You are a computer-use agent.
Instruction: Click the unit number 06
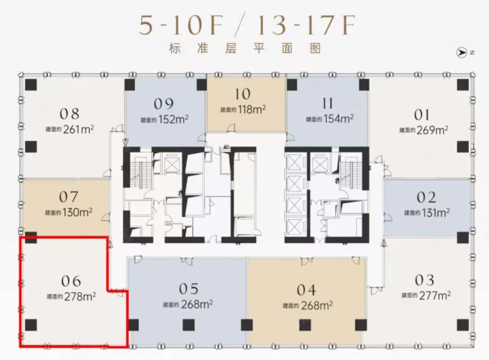pyautogui.click(x=71, y=281)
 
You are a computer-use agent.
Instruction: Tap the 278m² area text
pyautogui.click(x=80, y=297)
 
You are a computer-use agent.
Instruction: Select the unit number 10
pyautogui.click(x=243, y=94)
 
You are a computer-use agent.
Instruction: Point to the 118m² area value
pyautogui.click(x=252, y=109)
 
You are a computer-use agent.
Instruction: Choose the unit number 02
pyautogui.click(x=426, y=198)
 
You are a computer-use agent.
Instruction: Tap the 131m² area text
pyautogui.click(x=436, y=213)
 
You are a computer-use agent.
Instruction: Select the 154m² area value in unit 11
pyautogui.click(x=338, y=119)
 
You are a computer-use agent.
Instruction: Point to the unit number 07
pyautogui.click(x=68, y=197)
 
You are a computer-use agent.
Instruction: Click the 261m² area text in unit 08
pyautogui.click(x=78, y=129)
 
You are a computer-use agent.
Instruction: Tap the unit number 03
pyautogui.click(x=424, y=281)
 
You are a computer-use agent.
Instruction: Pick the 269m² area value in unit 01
pyautogui.click(x=432, y=130)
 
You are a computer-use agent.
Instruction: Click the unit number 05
pyautogui.click(x=189, y=289)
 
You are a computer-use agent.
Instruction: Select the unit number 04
pyautogui.click(x=306, y=290)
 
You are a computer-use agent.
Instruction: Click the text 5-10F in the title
pyautogui.click(x=181, y=25)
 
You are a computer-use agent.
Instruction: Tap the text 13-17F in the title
pyautogui.click(x=306, y=25)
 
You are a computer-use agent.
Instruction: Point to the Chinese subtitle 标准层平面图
pyautogui.click(x=245, y=48)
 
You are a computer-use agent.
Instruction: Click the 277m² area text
pyautogui.click(x=435, y=295)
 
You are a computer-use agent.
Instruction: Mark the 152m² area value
pyautogui.click(x=174, y=119)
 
